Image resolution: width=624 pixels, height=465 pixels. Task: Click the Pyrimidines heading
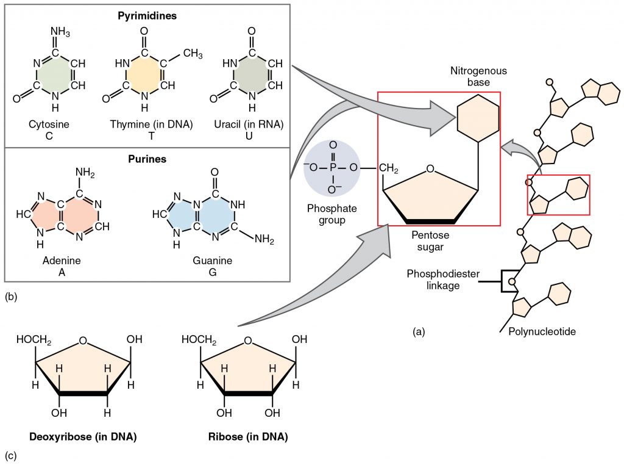pos(147,16)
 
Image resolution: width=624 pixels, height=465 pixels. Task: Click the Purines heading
pos(147,159)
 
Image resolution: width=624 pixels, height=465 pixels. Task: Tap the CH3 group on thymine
pos(193,55)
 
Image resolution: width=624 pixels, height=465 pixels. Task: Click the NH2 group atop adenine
pos(83,175)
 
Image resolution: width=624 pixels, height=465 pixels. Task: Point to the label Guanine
pos(213,261)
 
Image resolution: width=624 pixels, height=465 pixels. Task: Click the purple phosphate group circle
pos(331,168)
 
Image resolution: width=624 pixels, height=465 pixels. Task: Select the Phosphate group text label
pos(332,214)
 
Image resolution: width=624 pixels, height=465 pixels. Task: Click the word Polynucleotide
pos(542,332)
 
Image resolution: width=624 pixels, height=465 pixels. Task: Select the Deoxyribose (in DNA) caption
pos(83,437)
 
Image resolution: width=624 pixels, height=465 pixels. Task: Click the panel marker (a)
pos(419,332)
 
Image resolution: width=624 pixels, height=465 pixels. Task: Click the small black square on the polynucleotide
pos(510,281)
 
